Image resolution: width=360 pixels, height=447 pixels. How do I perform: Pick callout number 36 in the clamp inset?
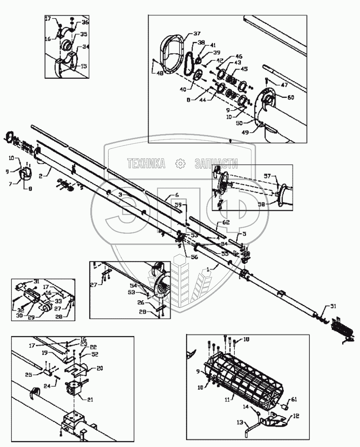click(x=85, y=23)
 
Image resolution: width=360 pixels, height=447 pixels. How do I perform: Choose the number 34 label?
click(x=85, y=47)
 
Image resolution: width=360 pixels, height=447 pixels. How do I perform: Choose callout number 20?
click(x=100, y=368)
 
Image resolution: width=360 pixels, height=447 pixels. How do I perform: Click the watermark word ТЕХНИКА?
click(x=147, y=164)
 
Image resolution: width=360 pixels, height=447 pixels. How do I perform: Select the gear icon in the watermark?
click(x=180, y=164)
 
